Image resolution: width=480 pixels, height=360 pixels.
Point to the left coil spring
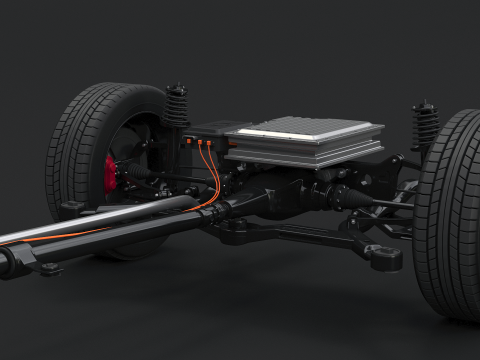[177, 106]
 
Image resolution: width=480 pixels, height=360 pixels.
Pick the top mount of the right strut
[425, 104]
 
